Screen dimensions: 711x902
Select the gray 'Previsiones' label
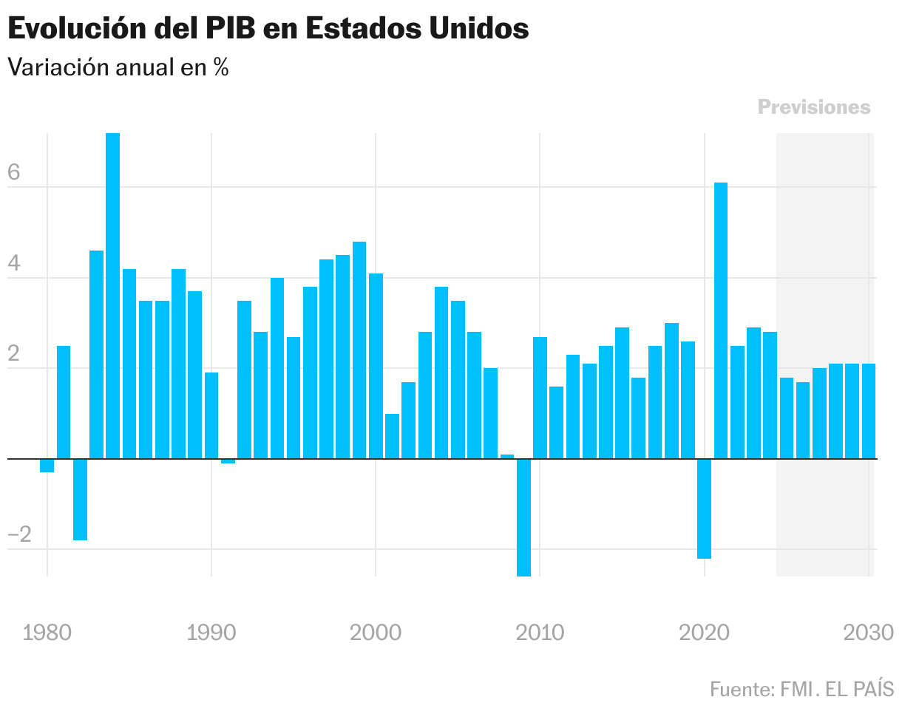[x=814, y=107]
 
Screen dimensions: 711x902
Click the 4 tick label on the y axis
[x=14, y=264]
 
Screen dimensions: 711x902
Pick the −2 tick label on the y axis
[x=20, y=535]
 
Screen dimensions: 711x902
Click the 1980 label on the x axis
[x=47, y=633]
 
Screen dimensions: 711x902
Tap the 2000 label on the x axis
[x=376, y=633]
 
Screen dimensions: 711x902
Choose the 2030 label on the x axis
[x=868, y=633]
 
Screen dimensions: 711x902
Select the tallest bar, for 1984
[x=112, y=296]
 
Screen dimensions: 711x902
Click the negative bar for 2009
[x=523, y=517]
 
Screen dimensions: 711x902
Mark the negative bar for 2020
[x=704, y=508]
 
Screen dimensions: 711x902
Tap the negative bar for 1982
[x=80, y=500]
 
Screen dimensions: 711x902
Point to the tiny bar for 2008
[x=507, y=456]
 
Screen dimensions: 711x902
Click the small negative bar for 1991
[x=228, y=461]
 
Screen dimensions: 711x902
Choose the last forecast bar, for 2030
[x=869, y=411]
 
